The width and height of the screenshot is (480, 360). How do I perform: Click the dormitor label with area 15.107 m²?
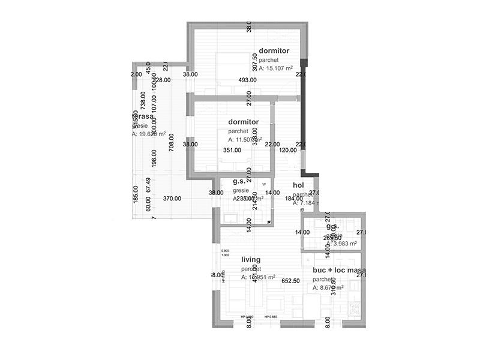tap(274, 51)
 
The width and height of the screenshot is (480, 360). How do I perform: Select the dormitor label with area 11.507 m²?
tap(244, 122)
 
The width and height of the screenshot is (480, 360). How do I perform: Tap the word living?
tap(251, 260)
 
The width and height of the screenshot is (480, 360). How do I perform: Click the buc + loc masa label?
tap(339, 271)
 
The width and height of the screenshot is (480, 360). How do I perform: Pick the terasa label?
tap(143, 116)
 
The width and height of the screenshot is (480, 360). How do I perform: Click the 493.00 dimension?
tap(247, 80)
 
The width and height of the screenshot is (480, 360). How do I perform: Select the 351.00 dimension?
tap(232, 151)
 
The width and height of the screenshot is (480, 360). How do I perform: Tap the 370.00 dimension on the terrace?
tap(172, 198)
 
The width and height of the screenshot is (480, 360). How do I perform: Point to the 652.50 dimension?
tap(290, 281)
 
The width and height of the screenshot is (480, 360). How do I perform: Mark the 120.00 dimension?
tap(288, 151)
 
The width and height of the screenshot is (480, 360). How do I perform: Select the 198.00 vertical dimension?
tap(154, 158)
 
